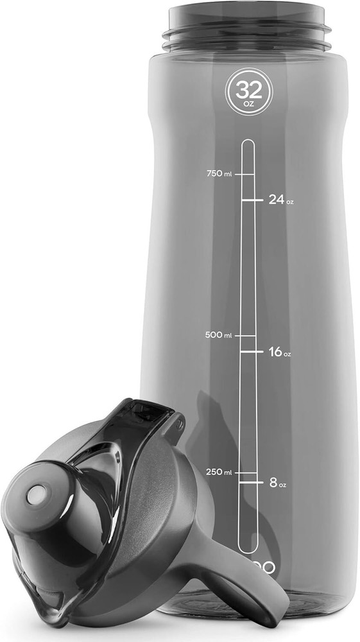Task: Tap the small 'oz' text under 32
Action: (248, 101)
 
